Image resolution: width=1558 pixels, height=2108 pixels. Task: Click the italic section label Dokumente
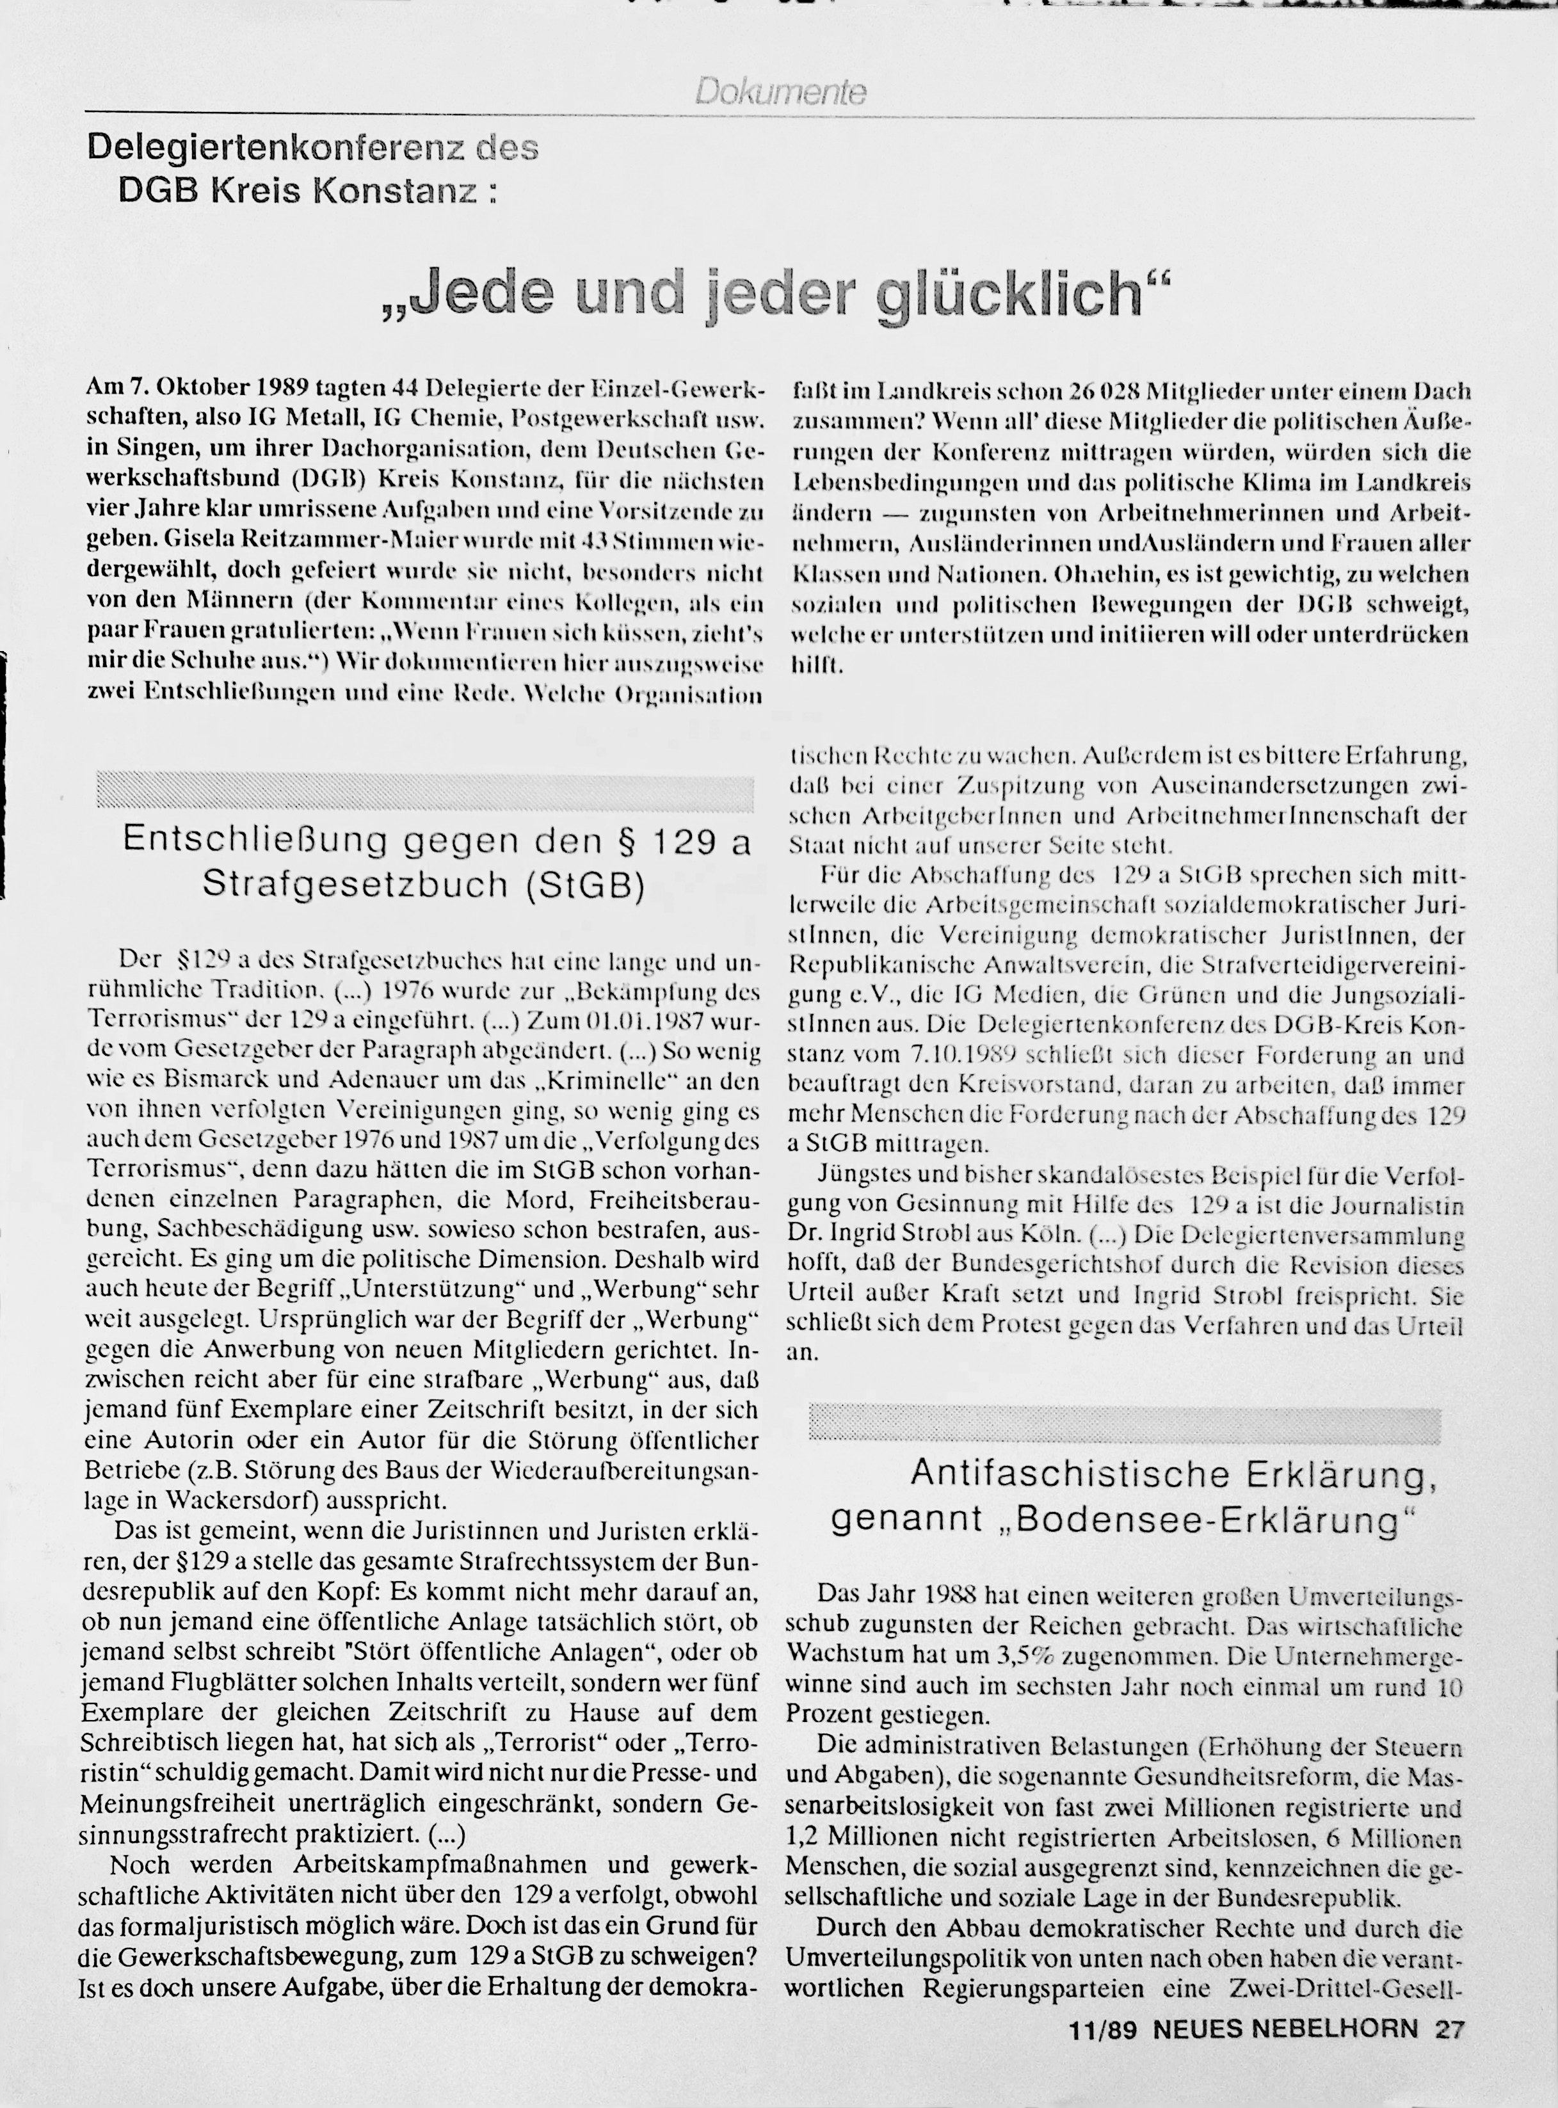click(780, 92)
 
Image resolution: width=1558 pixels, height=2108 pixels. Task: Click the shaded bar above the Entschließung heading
click(424, 793)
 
